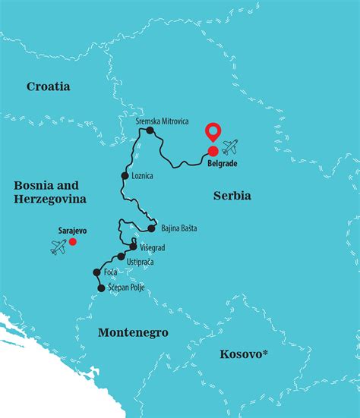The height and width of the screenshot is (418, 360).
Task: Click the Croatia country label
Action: pos(49,86)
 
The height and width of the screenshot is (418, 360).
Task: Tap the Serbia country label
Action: pos(232,196)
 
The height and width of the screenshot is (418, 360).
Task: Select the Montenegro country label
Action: pos(133,332)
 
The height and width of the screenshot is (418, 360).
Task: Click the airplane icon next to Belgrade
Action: pos(229,146)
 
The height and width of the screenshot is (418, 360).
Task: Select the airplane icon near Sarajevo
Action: pos(58,247)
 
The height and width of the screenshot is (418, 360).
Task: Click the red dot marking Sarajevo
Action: pos(73,242)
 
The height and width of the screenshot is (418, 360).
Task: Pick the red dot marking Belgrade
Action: pos(213,151)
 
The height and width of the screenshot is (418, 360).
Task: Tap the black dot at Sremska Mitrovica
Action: pos(150,130)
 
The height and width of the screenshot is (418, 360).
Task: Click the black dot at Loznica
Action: pos(125,176)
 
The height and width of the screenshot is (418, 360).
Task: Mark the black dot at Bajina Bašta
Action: pos(152,228)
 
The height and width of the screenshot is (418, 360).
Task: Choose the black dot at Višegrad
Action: pos(134,247)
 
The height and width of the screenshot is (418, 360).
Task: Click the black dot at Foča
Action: pos(96,272)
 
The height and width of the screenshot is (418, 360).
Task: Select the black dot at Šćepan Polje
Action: pos(100,288)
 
